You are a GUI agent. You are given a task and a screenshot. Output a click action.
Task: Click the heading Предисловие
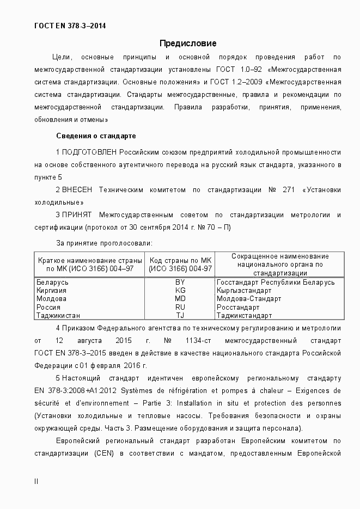[188, 43]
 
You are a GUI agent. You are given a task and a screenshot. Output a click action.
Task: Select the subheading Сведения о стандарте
[96, 136]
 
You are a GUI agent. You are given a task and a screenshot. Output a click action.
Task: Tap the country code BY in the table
[180, 283]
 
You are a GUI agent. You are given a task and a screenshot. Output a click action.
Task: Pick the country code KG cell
[180, 291]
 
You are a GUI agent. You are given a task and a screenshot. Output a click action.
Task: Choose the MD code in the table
[180, 299]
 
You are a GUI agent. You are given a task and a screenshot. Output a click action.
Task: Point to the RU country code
[180, 307]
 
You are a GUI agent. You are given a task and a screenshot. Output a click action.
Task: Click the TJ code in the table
[180, 315]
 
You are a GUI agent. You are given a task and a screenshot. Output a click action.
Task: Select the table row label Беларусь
[52, 283]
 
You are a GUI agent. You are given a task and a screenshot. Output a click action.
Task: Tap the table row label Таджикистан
[58, 315]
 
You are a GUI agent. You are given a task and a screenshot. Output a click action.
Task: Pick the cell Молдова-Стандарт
[249, 299]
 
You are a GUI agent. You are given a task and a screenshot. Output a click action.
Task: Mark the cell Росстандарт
[238, 307]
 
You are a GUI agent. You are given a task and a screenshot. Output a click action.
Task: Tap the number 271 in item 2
[289, 189]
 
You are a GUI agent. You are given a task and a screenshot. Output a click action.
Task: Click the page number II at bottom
[36, 481]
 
